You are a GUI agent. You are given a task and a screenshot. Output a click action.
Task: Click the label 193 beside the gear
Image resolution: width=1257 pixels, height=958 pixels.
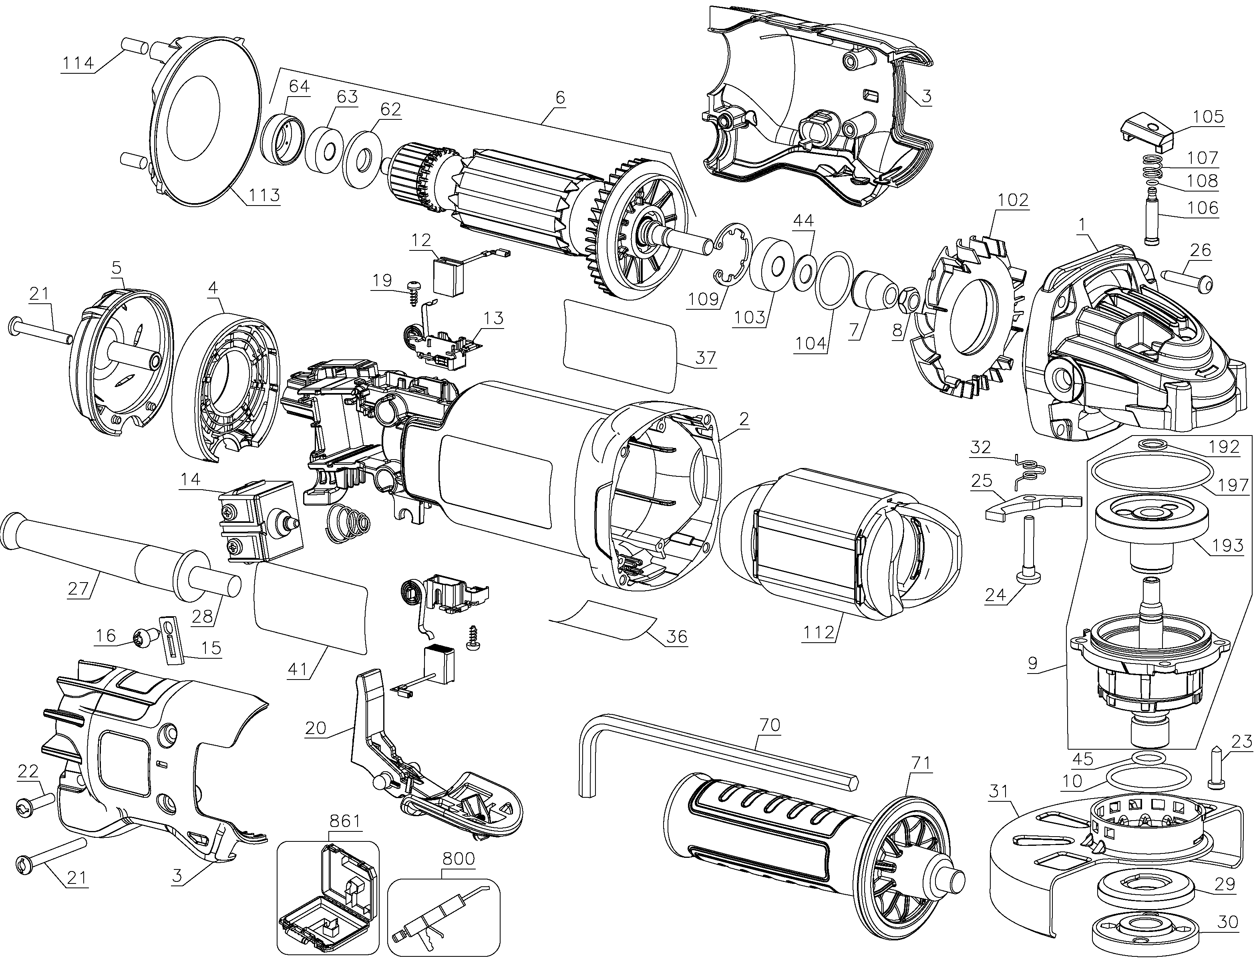[1227, 546]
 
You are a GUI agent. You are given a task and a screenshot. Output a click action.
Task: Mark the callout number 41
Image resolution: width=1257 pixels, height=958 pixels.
[296, 668]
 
